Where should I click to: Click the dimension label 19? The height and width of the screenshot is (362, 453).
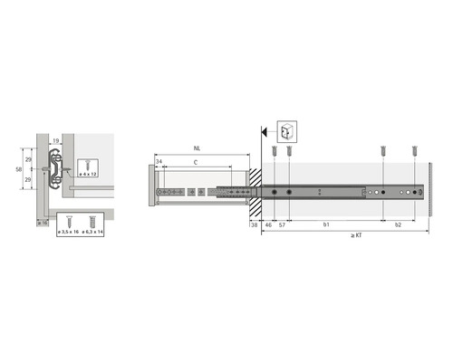pyautogui.click(x=55, y=140)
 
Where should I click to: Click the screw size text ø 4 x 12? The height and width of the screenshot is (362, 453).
pyautogui.click(x=89, y=173)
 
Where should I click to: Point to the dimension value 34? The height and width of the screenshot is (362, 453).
pyautogui.click(x=159, y=163)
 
